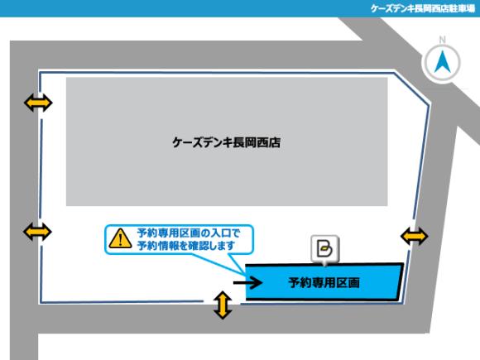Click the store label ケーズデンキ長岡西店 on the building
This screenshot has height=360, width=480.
pyautogui.click(x=226, y=142)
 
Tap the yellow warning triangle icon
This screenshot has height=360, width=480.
pyautogui.click(x=120, y=238)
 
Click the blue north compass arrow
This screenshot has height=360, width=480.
pyautogui.click(x=443, y=62)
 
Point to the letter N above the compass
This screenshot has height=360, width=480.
pyautogui.click(x=443, y=40)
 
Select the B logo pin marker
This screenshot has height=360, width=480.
pyautogui.click(x=324, y=250)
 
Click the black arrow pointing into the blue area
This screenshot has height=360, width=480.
pyautogui.click(x=247, y=282)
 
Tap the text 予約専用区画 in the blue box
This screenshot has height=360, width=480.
pyautogui.click(x=324, y=282)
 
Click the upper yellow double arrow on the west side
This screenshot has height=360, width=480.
pyautogui.click(x=38, y=103)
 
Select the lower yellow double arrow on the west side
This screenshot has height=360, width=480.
pyautogui.click(x=37, y=232)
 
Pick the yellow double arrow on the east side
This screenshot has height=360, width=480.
pyautogui.click(x=415, y=236)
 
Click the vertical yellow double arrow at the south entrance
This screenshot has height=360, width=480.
pyautogui.click(x=223, y=305)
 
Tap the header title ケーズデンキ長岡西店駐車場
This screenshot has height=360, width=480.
pyautogui.click(x=422, y=8)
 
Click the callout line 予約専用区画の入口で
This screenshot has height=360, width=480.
pyautogui.click(x=189, y=233)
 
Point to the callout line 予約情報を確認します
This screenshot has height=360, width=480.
pyautogui.click(x=186, y=246)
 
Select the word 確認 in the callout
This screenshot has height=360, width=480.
pyautogui.click(x=199, y=246)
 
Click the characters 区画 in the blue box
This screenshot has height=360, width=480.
pyautogui.click(x=348, y=282)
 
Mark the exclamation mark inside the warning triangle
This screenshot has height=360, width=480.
pyautogui.click(x=120, y=240)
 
